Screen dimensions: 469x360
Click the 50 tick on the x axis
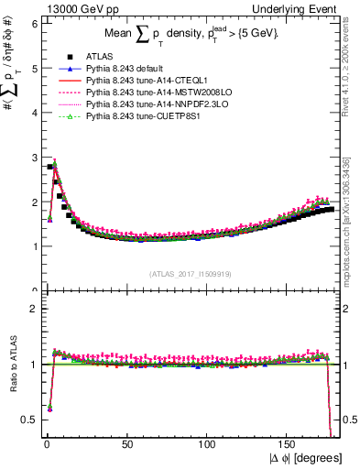point(125,444)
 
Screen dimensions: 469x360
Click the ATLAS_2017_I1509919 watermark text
point(191,274)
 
